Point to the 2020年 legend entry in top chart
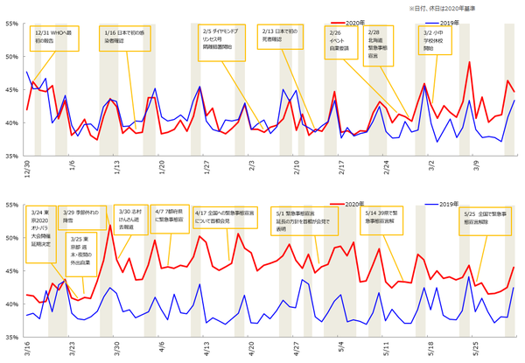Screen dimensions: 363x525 (352, 19)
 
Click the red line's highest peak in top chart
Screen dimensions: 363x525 (470, 61)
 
